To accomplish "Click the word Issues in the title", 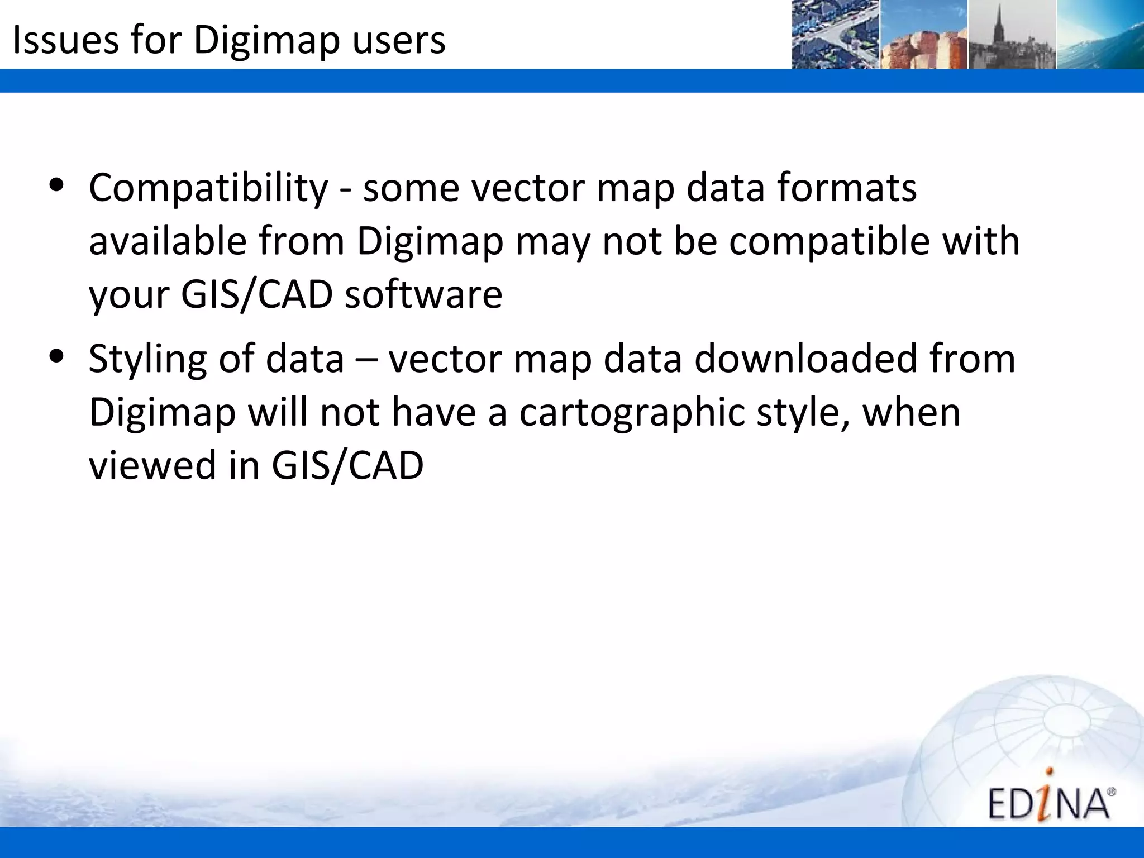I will (65, 40).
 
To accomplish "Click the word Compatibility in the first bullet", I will (208, 188).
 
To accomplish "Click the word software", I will (423, 295).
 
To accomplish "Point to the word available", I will (168, 242).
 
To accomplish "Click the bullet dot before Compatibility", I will (56, 186).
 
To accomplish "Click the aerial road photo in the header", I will (836, 35).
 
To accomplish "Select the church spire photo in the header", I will (1012, 35).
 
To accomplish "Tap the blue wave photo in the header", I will (1100, 35).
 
